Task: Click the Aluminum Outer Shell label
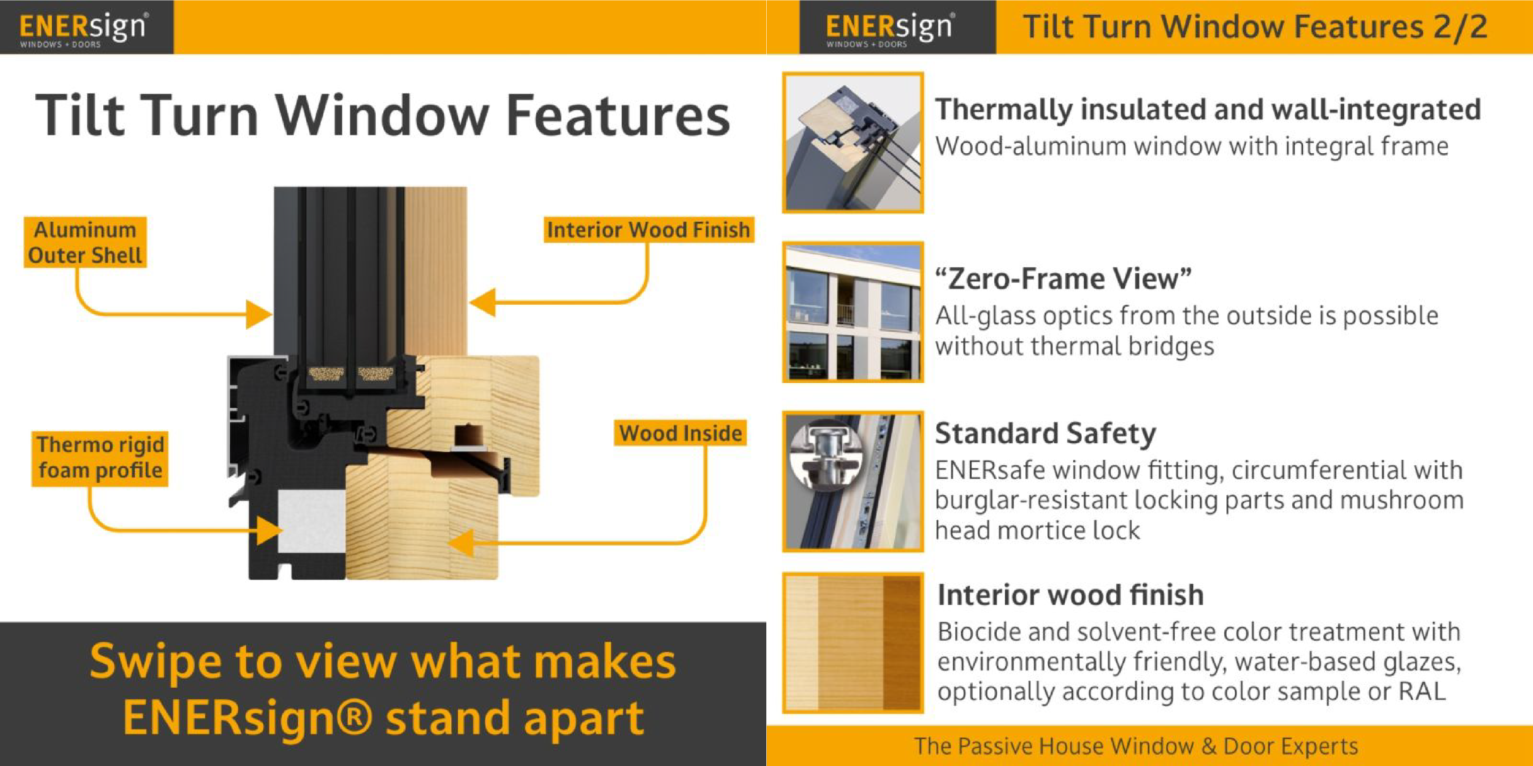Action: click(x=85, y=242)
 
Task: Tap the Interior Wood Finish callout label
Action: click(x=649, y=230)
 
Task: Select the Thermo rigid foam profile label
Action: click(x=100, y=458)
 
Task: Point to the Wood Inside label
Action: click(x=680, y=433)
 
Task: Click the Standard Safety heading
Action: click(x=1046, y=434)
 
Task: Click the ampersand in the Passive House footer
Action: click(x=1208, y=746)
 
